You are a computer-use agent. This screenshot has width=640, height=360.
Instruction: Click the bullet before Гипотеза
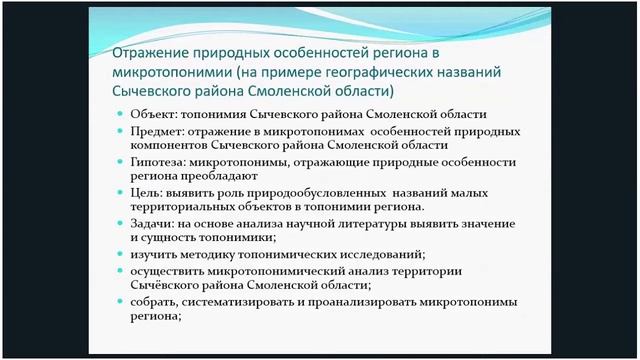[120, 162]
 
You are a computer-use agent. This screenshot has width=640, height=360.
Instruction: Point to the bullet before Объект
[120, 116]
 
